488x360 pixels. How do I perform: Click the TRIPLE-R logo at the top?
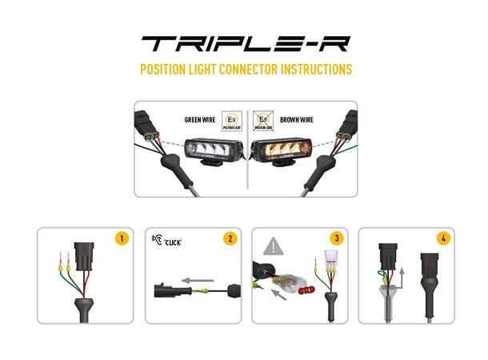(245, 43)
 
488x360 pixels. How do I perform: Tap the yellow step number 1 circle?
(122, 238)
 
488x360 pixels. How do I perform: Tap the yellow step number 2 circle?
(229, 238)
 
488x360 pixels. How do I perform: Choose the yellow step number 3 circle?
(336, 238)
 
